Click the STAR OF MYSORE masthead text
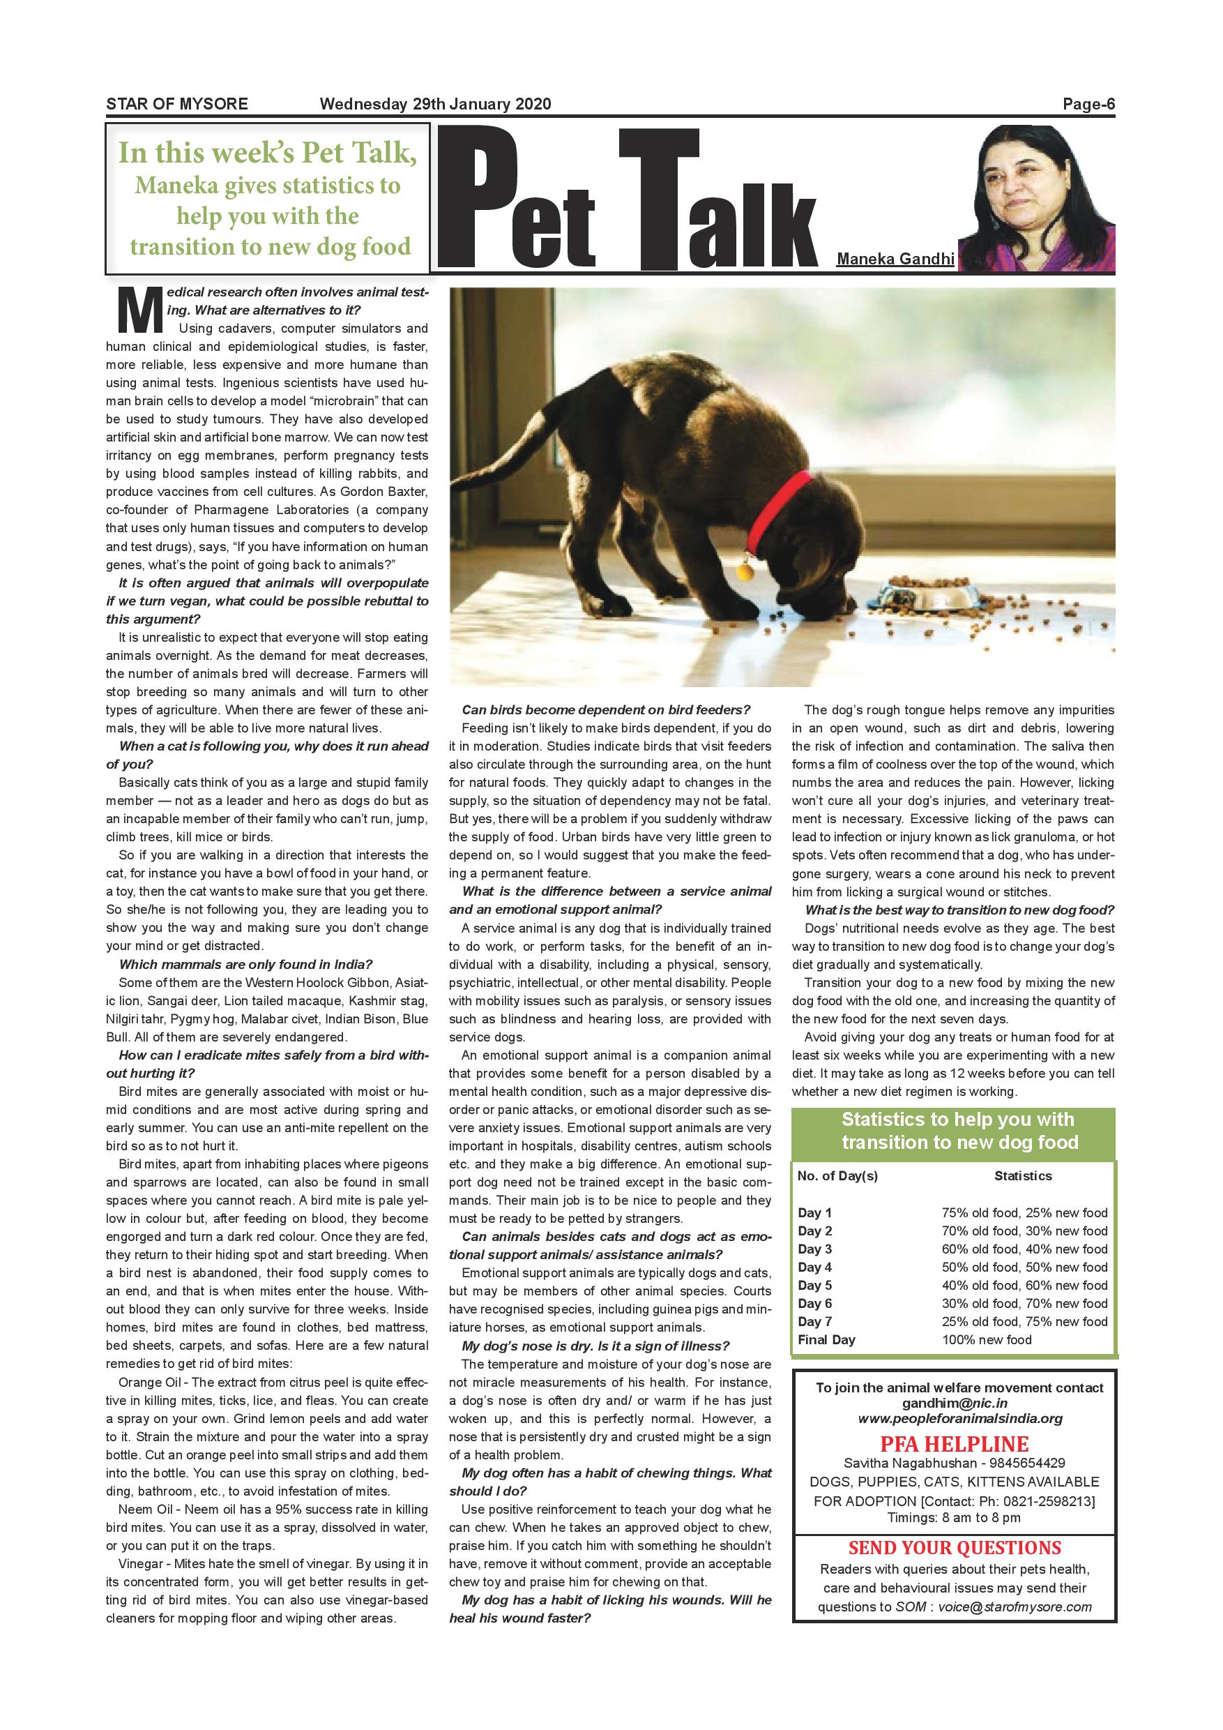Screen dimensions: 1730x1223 (177, 104)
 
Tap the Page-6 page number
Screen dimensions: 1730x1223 (1088, 104)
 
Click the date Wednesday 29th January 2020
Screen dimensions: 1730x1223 (435, 104)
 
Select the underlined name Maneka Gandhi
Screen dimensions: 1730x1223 (895, 260)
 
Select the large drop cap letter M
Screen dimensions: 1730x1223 (139, 310)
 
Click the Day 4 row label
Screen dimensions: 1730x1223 (815, 1268)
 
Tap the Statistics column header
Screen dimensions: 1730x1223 (1023, 1176)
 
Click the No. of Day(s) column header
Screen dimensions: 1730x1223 (837, 1176)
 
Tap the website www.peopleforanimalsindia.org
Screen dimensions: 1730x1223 (960, 1419)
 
